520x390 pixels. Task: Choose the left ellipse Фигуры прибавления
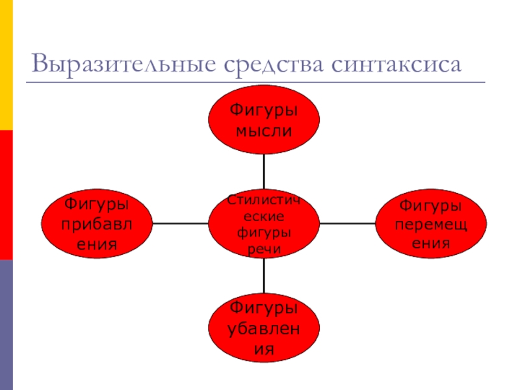(x=97, y=224)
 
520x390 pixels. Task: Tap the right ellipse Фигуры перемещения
(x=431, y=224)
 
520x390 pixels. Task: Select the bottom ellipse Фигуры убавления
(x=264, y=328)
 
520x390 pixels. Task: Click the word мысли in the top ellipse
(x=264, y=131)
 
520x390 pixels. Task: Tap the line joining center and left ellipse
(x=180, y=224)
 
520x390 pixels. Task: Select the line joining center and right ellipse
(x=348, y=224)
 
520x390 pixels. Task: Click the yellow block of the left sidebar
(x=6, y=65)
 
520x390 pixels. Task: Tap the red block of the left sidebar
(x=6, y=195)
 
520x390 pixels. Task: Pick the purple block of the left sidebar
(x=6, y=325)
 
